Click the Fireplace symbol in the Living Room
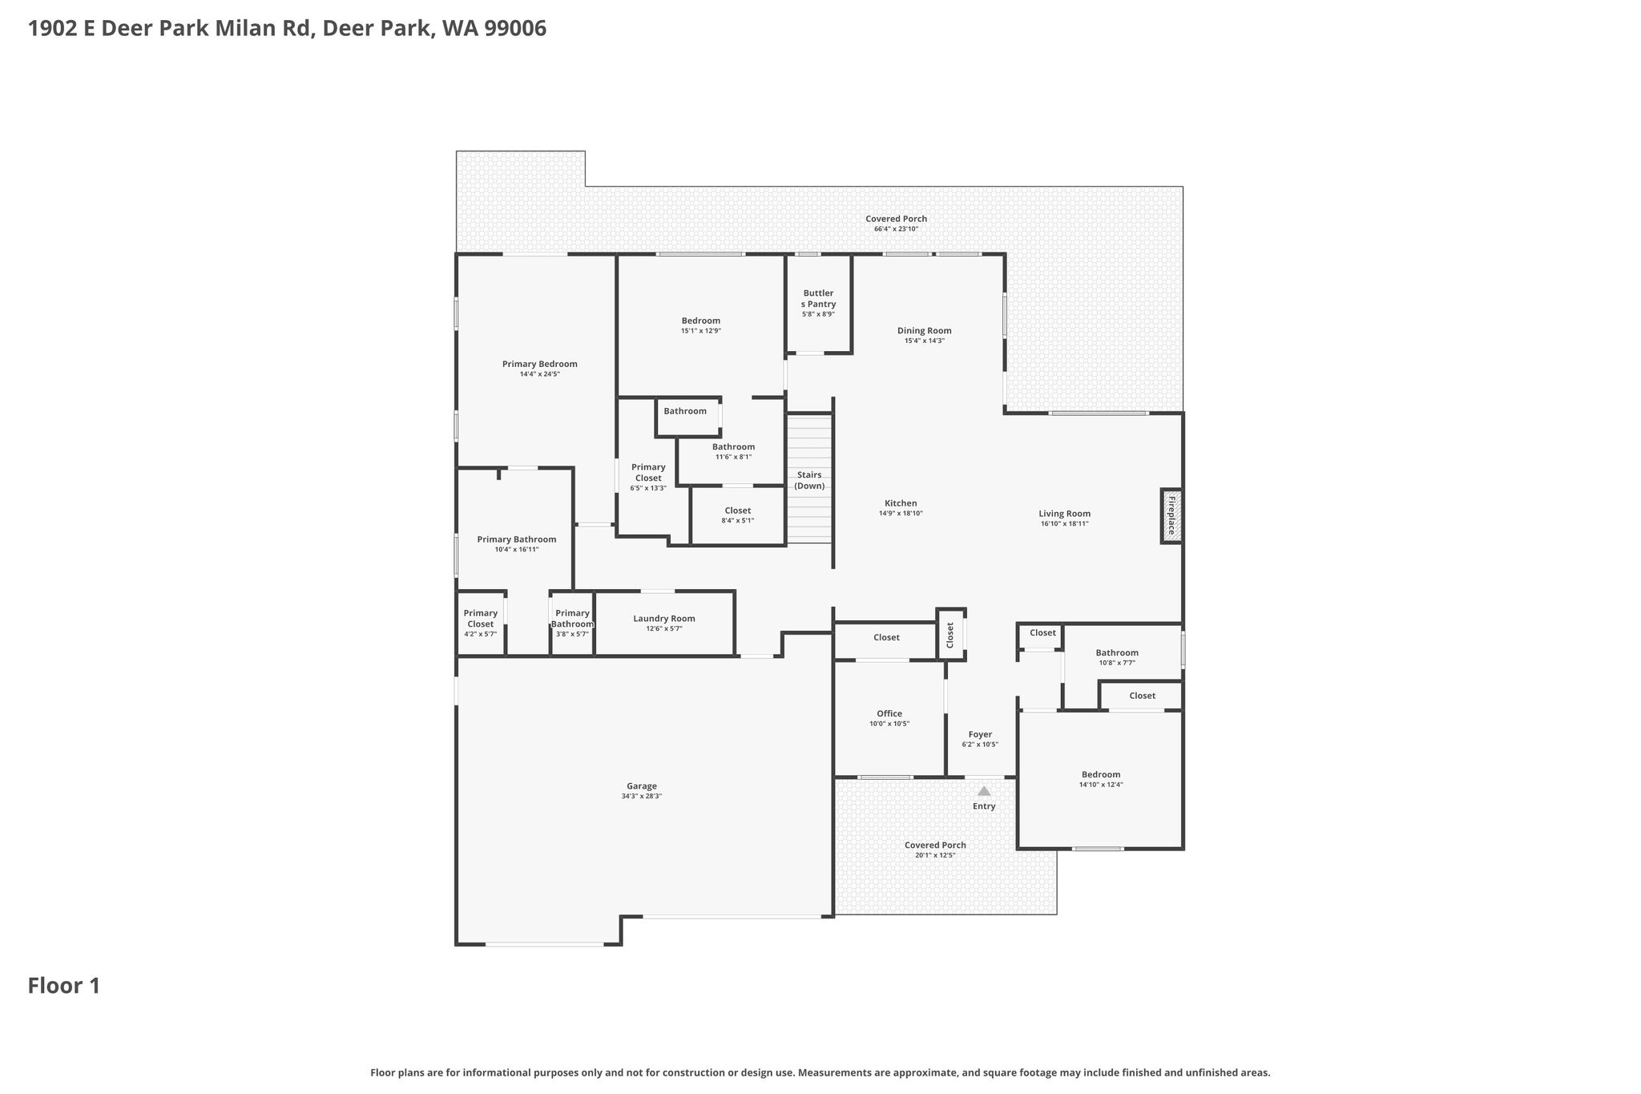1171,516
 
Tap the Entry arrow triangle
984,791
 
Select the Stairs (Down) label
809,480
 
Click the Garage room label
642,786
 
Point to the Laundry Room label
664,619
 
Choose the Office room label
889,713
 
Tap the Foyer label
980,734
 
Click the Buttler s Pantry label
818,298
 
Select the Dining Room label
925,330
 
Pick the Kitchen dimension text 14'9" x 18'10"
901,513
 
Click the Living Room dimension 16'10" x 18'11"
1065,523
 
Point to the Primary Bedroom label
540,364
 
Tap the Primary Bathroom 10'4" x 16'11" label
517,544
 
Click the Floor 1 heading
64,986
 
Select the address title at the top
287,29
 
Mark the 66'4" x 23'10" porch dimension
897,229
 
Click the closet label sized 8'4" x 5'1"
738,515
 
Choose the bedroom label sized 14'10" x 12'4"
1101,779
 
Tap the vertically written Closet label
950,636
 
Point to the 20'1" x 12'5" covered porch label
935,850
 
